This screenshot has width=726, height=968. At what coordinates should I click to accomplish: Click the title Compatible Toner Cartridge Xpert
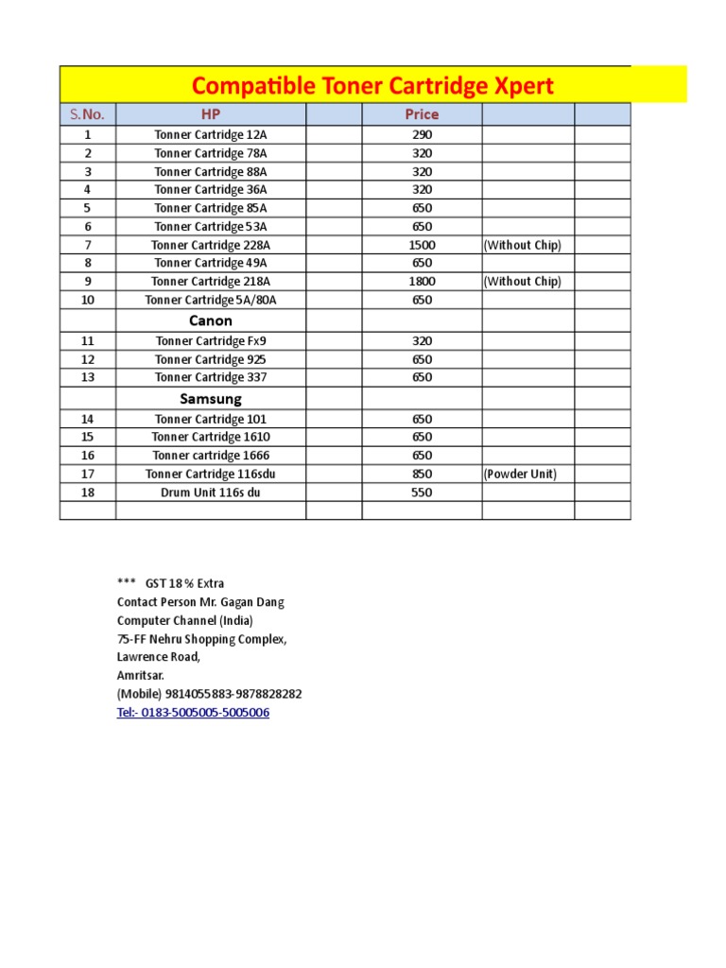[x=372, y=86]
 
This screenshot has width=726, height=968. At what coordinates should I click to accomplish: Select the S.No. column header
[x=87, y=114]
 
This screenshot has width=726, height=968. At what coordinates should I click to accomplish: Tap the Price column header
[x=422, y=114]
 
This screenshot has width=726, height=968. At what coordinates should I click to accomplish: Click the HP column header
[x=211, y=114]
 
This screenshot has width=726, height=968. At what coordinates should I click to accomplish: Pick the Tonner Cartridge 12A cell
[x=211, y=135]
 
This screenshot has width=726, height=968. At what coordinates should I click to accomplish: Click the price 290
[x=422, y=135]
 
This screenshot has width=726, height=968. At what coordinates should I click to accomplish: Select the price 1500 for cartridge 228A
[x=422, y=245]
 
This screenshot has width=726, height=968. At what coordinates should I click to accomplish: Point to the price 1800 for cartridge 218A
[x=422, y=282]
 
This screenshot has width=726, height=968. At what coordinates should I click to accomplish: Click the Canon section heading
[x=211, y=320]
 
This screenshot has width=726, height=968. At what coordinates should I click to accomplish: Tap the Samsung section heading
[x=211, y=399]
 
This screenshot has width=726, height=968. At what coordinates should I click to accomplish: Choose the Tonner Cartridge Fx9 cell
[x=211, y=341]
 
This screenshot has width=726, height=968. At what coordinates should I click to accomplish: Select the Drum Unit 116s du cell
[x=211, y=493]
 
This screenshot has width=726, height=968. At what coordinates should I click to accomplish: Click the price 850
[x=422, y=474]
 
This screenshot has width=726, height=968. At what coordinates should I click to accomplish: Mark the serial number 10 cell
[x=87, y=300]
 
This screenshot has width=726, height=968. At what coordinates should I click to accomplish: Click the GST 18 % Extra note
[x=184, y=583]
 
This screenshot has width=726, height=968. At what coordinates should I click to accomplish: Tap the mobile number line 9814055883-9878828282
[x=209, y=694]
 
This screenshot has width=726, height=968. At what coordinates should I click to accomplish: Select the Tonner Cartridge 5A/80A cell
[x=211, y=300]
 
